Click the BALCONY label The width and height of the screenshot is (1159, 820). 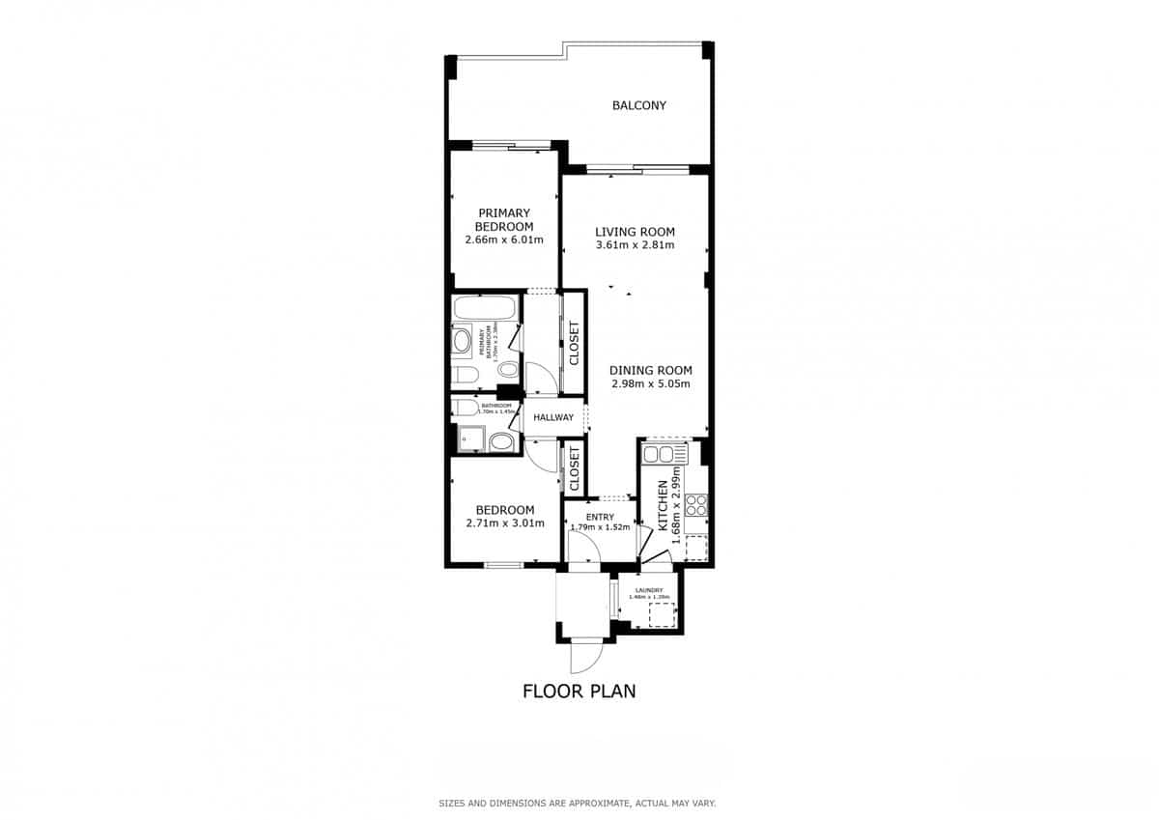click(638, 105)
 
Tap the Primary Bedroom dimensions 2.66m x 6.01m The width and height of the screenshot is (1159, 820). click(503, 240)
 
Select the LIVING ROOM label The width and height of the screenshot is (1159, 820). click(635, 232)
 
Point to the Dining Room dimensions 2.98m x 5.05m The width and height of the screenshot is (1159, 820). click(650, 383)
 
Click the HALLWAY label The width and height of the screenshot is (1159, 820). click(553, 417)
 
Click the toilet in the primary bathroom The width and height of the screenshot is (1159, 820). click(462, 375)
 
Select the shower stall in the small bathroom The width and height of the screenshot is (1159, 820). click(470, 438)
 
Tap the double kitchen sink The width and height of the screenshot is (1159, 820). click(664, 452)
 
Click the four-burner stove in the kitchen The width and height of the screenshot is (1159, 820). click(696, 505)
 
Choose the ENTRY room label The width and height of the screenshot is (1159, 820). click(600, 517)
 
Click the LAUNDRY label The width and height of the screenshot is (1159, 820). click(648, 590)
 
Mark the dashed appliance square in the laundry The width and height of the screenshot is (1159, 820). click(661, 615)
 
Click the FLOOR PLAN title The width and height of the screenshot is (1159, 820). click(579, 691)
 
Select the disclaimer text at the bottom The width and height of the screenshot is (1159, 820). click(578, 803)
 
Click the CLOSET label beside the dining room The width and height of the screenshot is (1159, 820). click(574, 343)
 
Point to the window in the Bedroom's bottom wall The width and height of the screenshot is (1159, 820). click(503, 565)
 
